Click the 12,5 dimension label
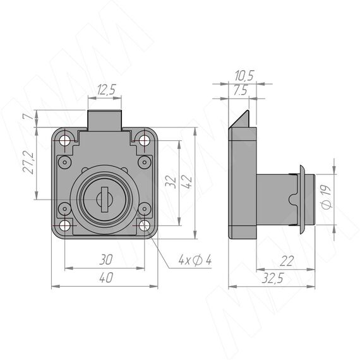pyautogui.click(x=107, y=90)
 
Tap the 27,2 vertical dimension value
pyautogui.click(x=28, y=162)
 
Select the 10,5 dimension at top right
pyautogui.click(x=244, y=76)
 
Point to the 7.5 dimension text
pyautogui.click(x=241, y=90)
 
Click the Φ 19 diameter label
pyautogui.click(x=327, y=197)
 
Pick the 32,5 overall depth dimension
pyautogui.click(x=273, y=278)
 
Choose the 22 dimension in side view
pyautogui.click(x=286, y=261)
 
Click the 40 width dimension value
pyautogui.click(x=106, y=277)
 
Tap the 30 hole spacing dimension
pyautogui.click(x=106, y=260)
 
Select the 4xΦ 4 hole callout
pyautogui.click(x=195, y=260)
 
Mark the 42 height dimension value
pyautogui.click(x=187, y=182)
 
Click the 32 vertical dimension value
pyautogui.click(x=171, y=182)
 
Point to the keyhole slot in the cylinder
pyautogui.click(x=105, y=200)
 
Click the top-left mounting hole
pyautogui.click(x=65, y=140)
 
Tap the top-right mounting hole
pyautogui.click(x=144, y=140)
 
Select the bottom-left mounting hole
pyautogui.click(x=65, y=225)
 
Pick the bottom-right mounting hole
pyautogui.click(x=144, y=225)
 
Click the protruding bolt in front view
pyautogui.click(x=105, y=120)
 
